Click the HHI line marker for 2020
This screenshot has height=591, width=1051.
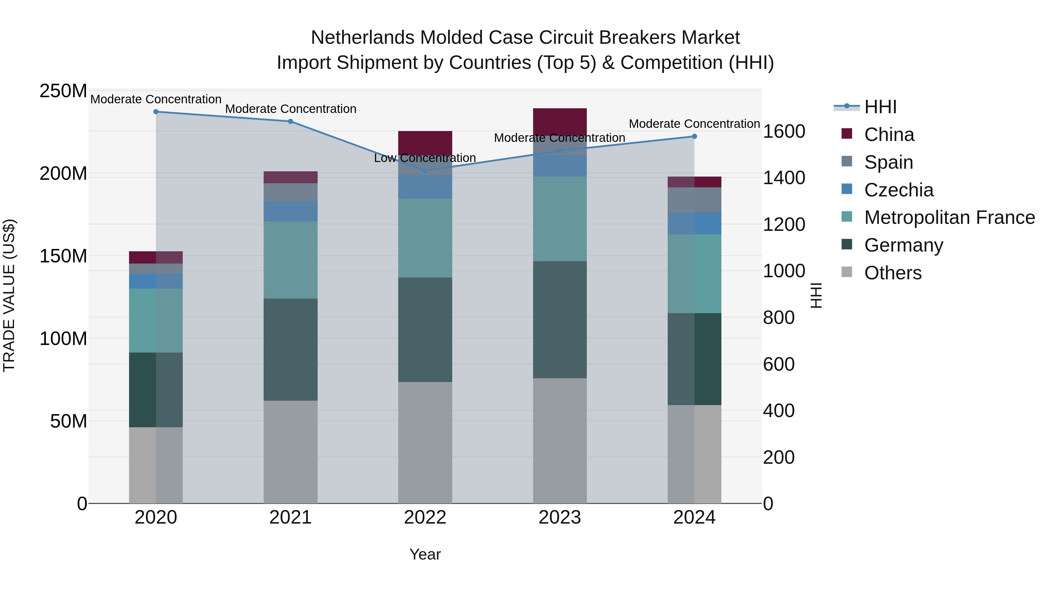[156, 112]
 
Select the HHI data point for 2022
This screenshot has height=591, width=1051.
[425, 170]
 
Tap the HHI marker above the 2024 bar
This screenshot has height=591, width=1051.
[695, 136]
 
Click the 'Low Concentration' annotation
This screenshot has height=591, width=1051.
[425, 158]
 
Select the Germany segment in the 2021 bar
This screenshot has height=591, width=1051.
[290, 350]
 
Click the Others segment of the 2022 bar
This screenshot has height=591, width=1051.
[425, 442]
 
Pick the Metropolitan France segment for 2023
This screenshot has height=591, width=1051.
[560, 219]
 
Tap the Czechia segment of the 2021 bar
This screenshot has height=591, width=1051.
[290, 211]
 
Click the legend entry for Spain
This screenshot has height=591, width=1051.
[888, 162]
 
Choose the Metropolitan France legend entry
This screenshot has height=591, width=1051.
[949, 218]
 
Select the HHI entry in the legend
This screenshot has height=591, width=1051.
[880, 107]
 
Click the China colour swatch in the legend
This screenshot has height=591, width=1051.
[847, 134]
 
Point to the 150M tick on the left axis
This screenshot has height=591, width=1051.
[63, 256]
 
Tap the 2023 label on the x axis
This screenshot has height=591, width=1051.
[560, 517]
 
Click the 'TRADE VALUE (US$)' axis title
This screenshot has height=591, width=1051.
[9, 296]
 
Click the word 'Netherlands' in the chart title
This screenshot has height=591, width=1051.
[362, 38]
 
